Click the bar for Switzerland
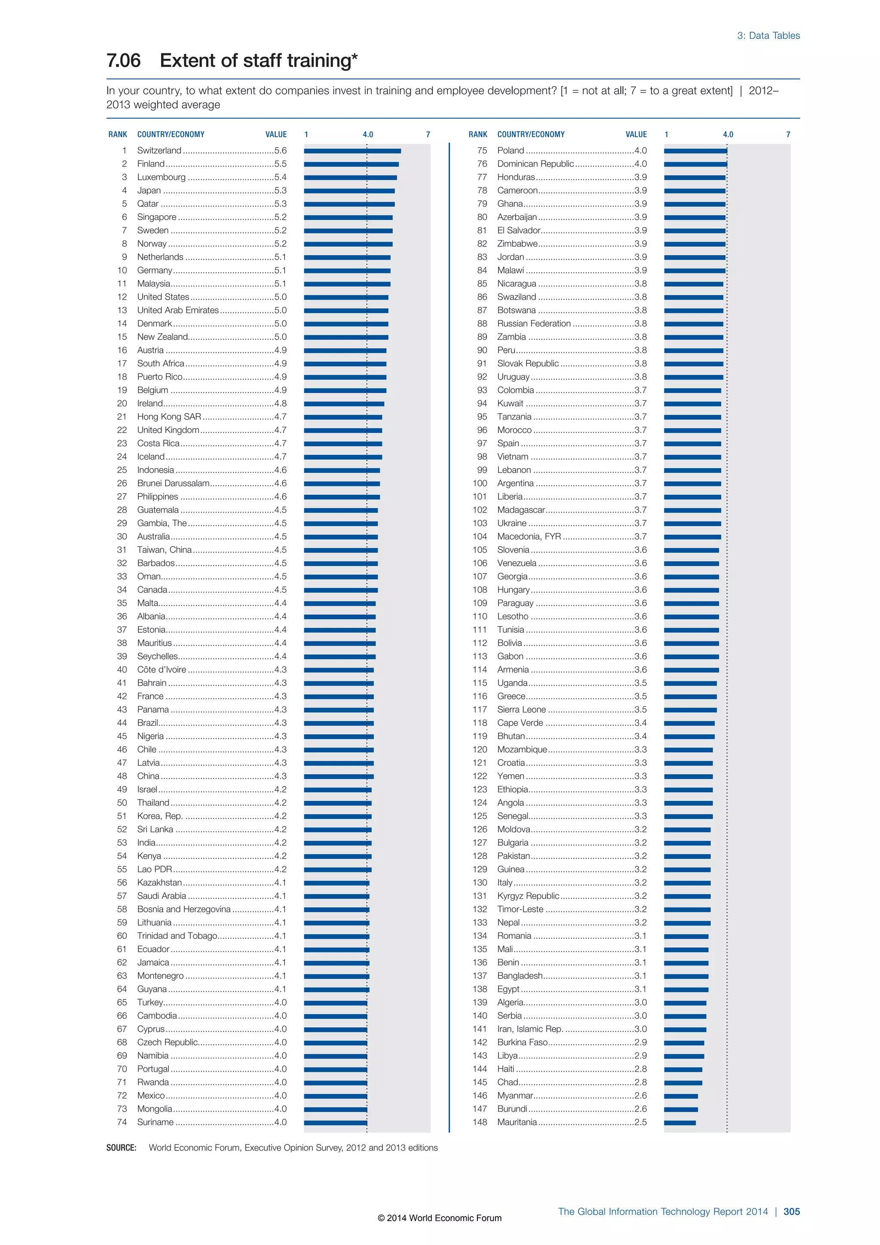pyautogui.click(x=352, y=151)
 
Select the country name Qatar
pyautogui.click(x=147, y=204)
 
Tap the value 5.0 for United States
pyautogui.click(x=280, y=297)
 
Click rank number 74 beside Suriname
pyautogui.click(x=122, y=1122)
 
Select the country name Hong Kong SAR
pyautogui.click(x=168, y=417)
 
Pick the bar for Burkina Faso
pyautogui.click(x=684, y=1043)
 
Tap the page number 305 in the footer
pyautogui.click(x=791, y=1211)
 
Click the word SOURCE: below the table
pyautogui.click(x=121, y=1148)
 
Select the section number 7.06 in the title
pyautogui.click(x=124, y=61)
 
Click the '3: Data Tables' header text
pyautogui.click(x=768, y=36)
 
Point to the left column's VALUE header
pyautogui.click(x=276, y=135)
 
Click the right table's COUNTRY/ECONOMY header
pyautogui.click(x=531, y=135)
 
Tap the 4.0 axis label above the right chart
pyautogui.click(x=728, y=135)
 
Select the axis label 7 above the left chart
pyautogui.click(x=428, y=135)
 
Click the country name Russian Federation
pyautogui.click(x=534, y=324)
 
